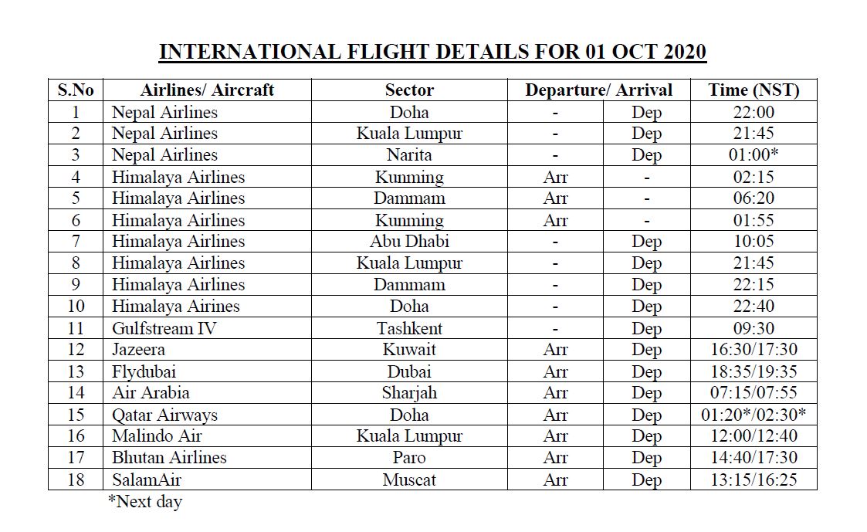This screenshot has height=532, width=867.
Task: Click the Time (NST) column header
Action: (x=753, y=90)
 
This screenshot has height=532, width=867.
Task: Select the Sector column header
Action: (x=409, y=90)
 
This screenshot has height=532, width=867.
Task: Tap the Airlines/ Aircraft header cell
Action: (x=207, y=90)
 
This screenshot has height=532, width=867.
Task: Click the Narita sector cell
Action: (x=409, y=154)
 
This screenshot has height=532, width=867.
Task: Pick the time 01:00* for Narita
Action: (x=753, y=154)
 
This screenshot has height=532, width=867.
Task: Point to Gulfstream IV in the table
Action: (x=164, y=328)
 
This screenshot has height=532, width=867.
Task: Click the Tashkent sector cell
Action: (x=409, y=328)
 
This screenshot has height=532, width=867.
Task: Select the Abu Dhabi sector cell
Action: (x=409, y=241)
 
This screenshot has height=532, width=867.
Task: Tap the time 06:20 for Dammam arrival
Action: (x=753, y=198)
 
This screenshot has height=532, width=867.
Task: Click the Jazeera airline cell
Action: (x=138, y=350)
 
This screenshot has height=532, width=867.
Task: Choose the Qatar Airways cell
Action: (x=164, y=415)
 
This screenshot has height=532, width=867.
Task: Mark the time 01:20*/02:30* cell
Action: (x=753, y=415)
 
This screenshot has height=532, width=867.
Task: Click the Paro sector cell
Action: (x=409, y=458)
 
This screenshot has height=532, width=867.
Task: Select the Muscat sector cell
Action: (x=409, y=479)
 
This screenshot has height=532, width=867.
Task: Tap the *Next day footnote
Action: (x=145, y=502)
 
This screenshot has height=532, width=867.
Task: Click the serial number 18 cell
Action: (x=76, y=479)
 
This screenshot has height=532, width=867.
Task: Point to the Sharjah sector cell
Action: (x=409, y=393)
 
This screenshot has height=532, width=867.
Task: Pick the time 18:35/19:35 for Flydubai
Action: (x=753, y=371)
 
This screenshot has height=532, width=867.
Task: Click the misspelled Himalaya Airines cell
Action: (x=175, y=307)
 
